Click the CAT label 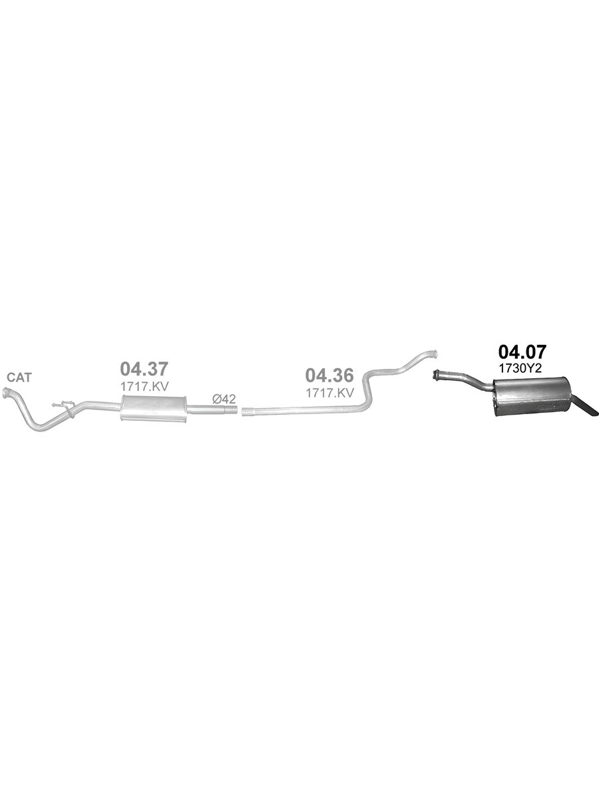19,378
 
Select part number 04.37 144,369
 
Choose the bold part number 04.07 522,353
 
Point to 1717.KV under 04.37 144,385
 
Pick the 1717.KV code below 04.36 329,393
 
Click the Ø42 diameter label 224,399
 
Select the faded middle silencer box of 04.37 153,407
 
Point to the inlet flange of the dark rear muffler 437,375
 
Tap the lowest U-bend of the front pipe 40,425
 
